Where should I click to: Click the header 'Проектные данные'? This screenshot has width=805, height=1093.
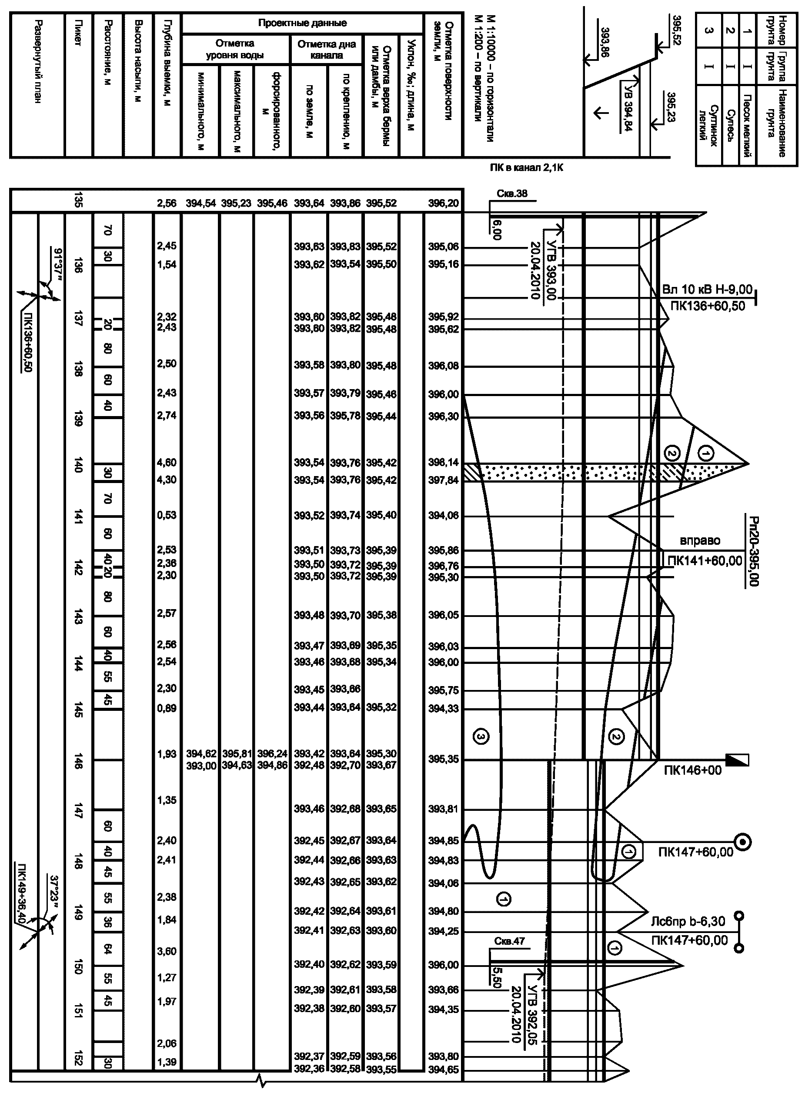302,23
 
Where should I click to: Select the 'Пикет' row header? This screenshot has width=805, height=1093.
78,33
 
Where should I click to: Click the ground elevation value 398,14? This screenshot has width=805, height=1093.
444,462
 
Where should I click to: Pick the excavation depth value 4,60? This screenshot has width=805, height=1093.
167,462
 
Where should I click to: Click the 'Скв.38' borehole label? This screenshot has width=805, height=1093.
511,193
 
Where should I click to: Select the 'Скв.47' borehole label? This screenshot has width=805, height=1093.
509,941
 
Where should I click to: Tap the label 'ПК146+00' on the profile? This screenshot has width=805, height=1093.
692,770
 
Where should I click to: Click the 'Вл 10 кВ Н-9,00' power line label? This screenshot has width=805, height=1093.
707,290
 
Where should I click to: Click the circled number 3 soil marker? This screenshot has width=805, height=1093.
480,737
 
